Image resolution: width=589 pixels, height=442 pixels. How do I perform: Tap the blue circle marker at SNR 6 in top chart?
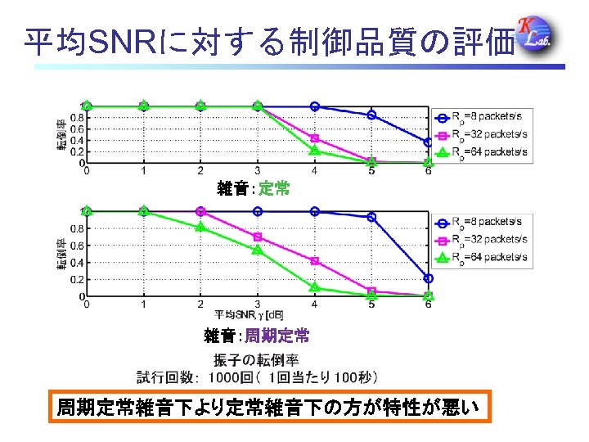pyautogui.click(x=428, y=142)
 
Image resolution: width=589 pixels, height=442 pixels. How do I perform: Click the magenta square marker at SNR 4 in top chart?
pyautogui.click(x=314, y=138)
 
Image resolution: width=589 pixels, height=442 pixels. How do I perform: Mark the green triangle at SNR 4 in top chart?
pyautogui.click(x=314, y=150)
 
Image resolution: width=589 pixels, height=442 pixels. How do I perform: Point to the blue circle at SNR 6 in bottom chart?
pyautogui.click(x=428, y=278)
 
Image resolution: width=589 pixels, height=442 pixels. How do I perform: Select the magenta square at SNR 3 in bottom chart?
pyautogui.click(x=257, y=237)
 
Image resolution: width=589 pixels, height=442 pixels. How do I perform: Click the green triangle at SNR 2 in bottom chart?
pyautogui.click(x=200, y=227)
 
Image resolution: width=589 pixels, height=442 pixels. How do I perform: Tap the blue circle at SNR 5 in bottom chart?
pyautogui.click(x=371, y=217)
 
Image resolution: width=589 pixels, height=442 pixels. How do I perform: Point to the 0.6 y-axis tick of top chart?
pyautogui.click(x=74, y=129)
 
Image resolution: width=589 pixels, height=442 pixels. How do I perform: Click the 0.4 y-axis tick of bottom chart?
pyautogui.click(x=74, y=262)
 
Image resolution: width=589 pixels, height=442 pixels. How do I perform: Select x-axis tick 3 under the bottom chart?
pyautogui.click(x=257, y=304)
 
